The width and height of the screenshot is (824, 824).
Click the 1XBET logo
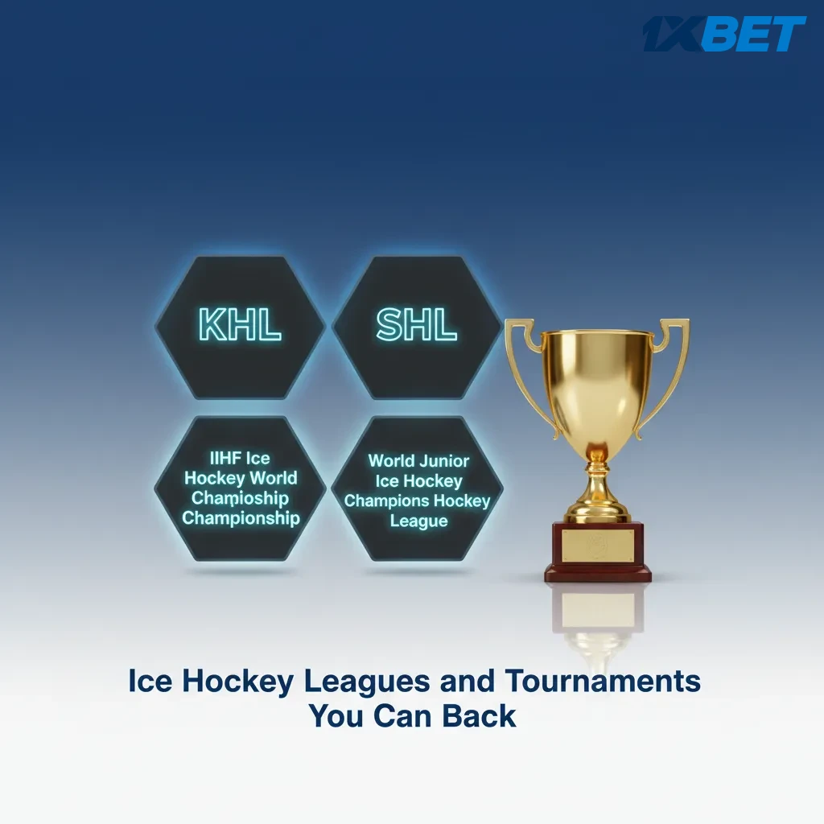click(723, 35)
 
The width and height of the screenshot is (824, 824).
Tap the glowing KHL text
click(240, 325)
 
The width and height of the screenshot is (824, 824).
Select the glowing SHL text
click(417, 325)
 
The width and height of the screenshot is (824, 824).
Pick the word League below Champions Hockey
click(418, 521)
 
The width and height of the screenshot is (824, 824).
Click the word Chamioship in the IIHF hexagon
click(240, 498)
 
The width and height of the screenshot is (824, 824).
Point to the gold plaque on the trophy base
click(597, 545)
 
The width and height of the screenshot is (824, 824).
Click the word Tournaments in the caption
click(603, 682)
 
